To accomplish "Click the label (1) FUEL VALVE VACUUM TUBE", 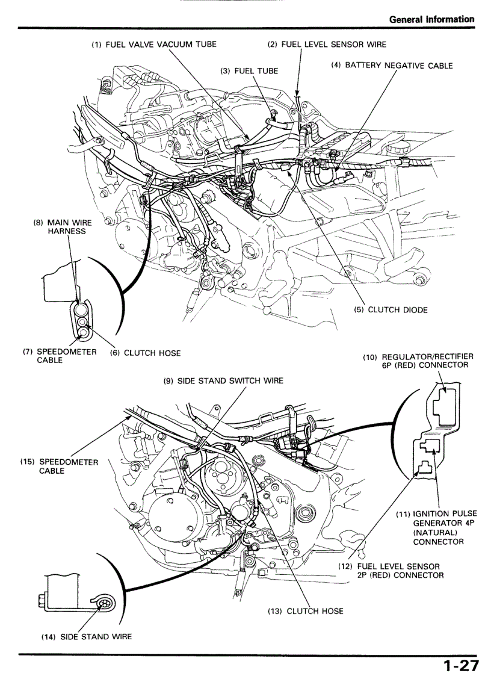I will [153, 44].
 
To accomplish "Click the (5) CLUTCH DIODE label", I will [391, 310].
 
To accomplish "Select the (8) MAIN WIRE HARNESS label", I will [62, 226].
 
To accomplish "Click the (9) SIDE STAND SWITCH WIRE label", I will [223, 381].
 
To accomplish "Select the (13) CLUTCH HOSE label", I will [305, 611].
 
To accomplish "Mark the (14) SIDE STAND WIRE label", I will [86, 636].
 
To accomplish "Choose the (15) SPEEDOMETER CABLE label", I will [59, 467].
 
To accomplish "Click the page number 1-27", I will [461, 666].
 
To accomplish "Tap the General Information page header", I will [431, 19].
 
